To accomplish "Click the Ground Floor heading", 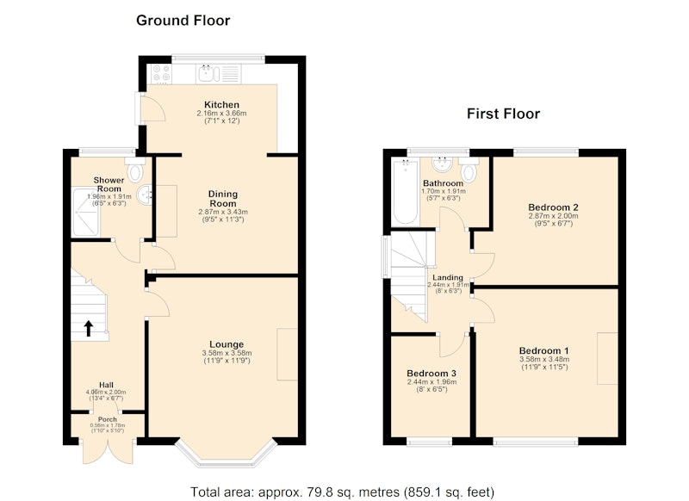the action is click(x=183, y=21).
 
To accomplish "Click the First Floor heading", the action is click(x=503, y=114).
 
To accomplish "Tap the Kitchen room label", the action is click(x=222, y=104).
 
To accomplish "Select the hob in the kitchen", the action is click(x=161, y=74).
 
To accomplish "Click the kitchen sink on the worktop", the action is click(x=208, y=74).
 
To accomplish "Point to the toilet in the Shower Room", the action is click(x=135, y=170).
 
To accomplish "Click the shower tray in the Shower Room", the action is click(x=85, y=212).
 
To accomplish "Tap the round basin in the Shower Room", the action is click(x=145, y=195).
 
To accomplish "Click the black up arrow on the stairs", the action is click(x=89, y=328).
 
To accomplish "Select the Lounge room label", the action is click(x=227, y=344).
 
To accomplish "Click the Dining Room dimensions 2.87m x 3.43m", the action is click(x=223, y=212).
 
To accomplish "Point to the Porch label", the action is click(x=107, y=419).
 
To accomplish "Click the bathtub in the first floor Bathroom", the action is click(x=405, y=192).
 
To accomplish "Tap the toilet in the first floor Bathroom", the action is click(x=469, y=170).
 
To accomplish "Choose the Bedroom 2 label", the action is click(x=553, y=207).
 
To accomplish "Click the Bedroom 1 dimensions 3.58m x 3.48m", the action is click(x=544, y=359).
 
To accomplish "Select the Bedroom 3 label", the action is click(x=431, y=374).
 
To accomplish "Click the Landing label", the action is click(x=448, y=277).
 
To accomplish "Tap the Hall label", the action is click(x=106, y=385).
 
